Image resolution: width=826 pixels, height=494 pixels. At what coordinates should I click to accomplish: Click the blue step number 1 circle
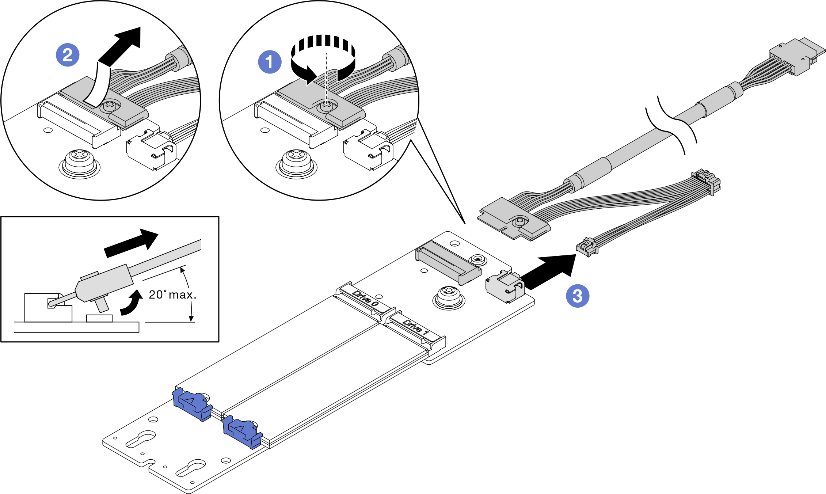coord(270,62)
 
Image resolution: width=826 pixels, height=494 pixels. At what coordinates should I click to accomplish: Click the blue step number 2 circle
coord(68,55)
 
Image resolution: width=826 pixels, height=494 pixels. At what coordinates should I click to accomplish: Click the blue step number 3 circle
coord(578,296)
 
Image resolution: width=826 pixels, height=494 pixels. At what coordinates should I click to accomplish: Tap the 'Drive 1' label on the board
coord(416,327)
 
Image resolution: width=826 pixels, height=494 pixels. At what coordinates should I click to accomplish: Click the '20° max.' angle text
coord(172,294)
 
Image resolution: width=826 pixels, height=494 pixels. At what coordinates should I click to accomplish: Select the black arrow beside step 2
coord(121,49)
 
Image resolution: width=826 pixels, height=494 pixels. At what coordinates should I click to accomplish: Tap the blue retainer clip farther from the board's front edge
coord(191,404)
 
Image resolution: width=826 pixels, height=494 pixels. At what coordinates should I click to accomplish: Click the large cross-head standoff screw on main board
coord(449,295)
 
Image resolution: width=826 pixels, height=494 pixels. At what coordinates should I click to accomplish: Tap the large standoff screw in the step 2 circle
coord(79,160)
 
